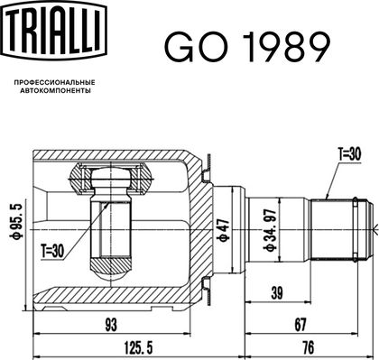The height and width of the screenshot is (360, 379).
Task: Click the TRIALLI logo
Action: (x=55, y=31)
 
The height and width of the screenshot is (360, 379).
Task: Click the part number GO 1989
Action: (x=247, y=47)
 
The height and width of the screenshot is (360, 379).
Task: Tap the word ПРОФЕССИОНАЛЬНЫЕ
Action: (x=55, y=82)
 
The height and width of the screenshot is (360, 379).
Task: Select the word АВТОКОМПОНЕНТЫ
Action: (x=55, y=90)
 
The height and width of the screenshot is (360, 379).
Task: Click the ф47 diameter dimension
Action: (x=224, y=230)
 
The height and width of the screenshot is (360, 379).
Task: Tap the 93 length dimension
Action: (x=111, y=325)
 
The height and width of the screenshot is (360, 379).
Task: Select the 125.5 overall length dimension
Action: (x=138, y=348)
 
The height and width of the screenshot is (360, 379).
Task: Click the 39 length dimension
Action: (x=277, y=293)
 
